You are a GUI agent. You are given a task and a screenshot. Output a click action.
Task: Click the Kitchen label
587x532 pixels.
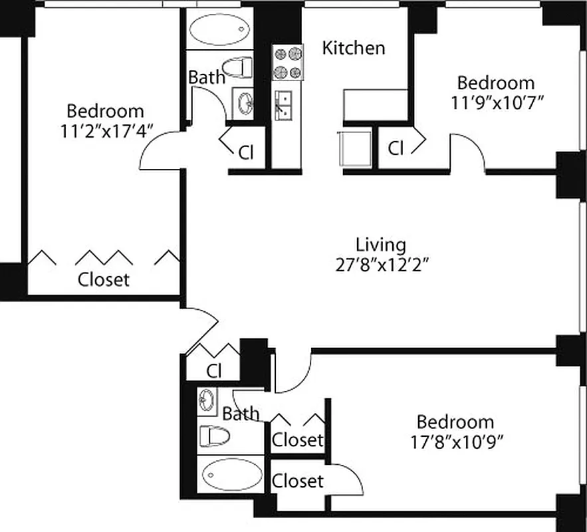(354, 48)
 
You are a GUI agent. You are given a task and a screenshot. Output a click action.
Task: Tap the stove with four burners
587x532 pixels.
(287, 63)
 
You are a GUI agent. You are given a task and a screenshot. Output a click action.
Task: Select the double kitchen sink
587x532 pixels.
(287, 104)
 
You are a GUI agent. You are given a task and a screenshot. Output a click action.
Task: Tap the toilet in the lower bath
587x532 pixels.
(214, 436)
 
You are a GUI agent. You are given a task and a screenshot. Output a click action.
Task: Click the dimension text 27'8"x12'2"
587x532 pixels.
(380, 265)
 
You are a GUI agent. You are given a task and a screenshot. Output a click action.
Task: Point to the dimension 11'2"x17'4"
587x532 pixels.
(107, 130)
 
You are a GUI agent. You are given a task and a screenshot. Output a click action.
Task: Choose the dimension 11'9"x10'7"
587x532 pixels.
(496, 103)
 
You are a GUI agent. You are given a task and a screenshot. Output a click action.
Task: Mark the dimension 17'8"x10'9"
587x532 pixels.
(455, 441)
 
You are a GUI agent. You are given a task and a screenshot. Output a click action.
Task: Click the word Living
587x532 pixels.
(380, 244)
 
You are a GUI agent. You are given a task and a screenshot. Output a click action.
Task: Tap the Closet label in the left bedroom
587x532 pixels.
(104, 279)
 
